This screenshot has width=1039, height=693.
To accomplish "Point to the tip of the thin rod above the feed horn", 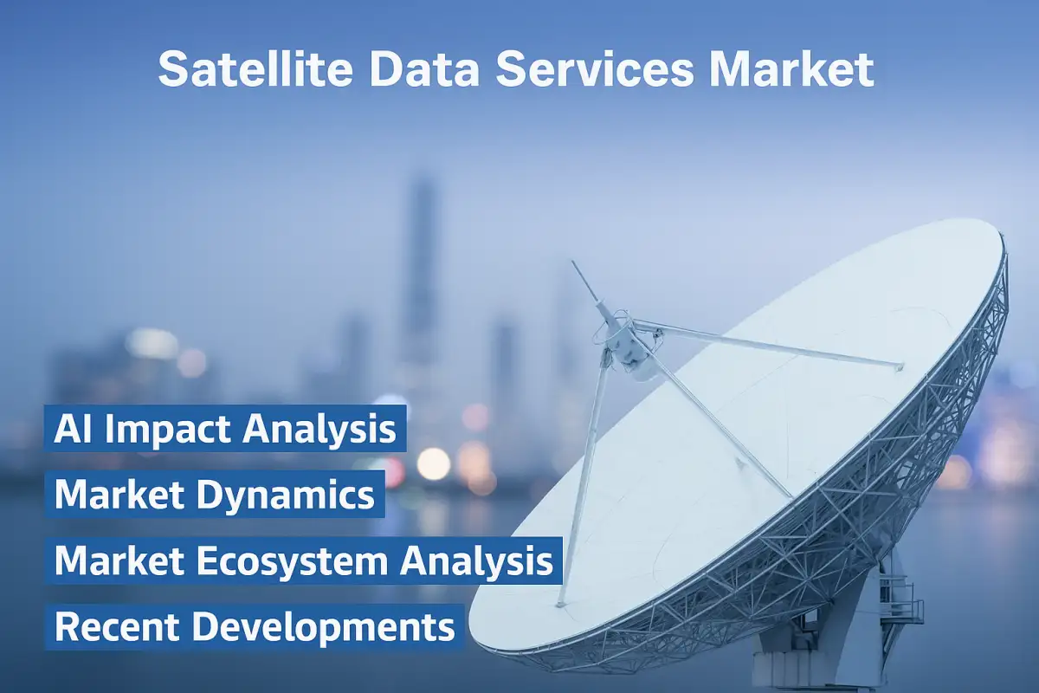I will pyautogui.click(x=573, y=263).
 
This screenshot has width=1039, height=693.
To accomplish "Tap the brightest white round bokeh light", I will pyautogui.click(x=433, y=463).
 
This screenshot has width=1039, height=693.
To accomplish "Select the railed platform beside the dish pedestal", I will pyautogui.click(x=900, y=598).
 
